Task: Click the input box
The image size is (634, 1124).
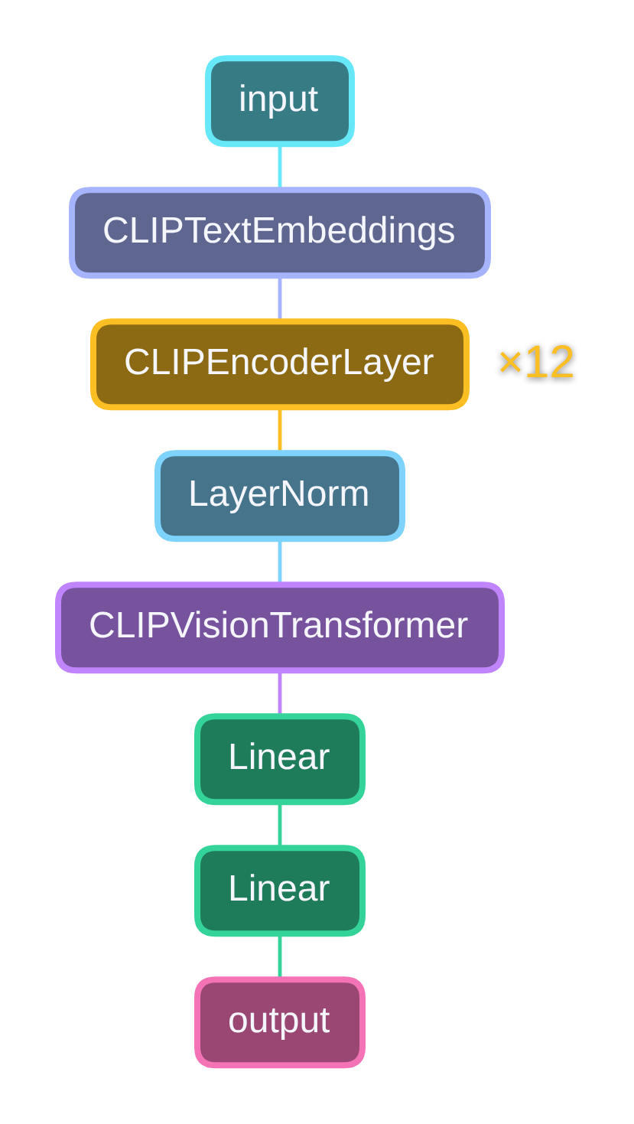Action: (279, 101)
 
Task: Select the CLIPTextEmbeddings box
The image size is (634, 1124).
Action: (279, 233)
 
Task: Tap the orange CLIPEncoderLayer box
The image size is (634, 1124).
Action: (279, 364)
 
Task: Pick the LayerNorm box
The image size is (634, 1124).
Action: (279, 496)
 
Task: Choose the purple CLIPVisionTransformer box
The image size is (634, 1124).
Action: (279, 627)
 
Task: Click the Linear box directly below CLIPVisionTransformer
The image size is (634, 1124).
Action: (279, 759)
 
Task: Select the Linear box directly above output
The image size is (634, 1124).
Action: (279, 891)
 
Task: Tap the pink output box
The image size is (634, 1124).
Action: (279, 1022)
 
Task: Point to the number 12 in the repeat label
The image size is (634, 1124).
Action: (549, 363)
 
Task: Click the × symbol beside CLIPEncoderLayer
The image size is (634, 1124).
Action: (509, 363)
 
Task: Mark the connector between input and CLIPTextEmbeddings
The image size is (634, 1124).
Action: (280, 167)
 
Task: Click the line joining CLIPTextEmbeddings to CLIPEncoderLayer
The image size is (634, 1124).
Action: (280, 298)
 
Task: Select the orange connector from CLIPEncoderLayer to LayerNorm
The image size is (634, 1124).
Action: (280, 430)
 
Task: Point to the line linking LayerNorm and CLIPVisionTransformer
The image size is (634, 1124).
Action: (280, 562)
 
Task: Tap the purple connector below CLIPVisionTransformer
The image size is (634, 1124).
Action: (280, 693)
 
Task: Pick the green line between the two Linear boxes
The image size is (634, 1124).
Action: (280, 825)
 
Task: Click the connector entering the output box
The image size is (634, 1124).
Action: (280, 956)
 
